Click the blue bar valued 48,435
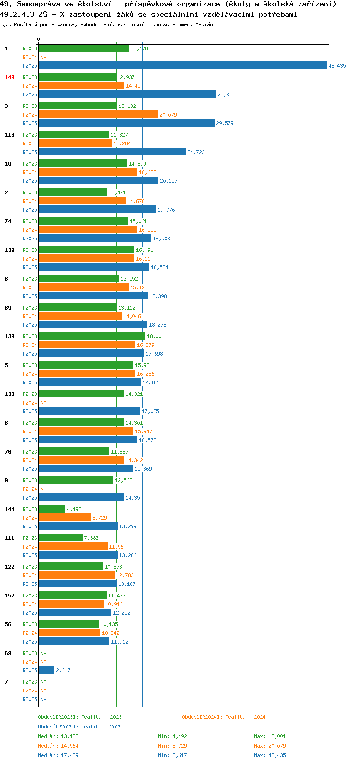coord(183,65)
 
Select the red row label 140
coord(10,77)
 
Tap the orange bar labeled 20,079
coord(98,115)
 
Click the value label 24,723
coord(196,152)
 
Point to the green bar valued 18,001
coord(92,336)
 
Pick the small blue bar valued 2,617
coord(47,670)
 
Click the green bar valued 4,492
coord(52,509)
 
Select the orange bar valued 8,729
coord(65,518)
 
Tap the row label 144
coord(10,509)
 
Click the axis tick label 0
coord(38,39)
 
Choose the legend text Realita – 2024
coord(245,717)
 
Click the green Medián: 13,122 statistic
coord(59,736)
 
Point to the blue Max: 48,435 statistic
coord(270,755)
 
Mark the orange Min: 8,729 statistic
coord(172,746)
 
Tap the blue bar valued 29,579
coord(127,123)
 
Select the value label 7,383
coord(92,538)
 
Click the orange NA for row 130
coord(43,403)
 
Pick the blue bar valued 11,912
coord(74,642)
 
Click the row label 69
coord(8,653)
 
